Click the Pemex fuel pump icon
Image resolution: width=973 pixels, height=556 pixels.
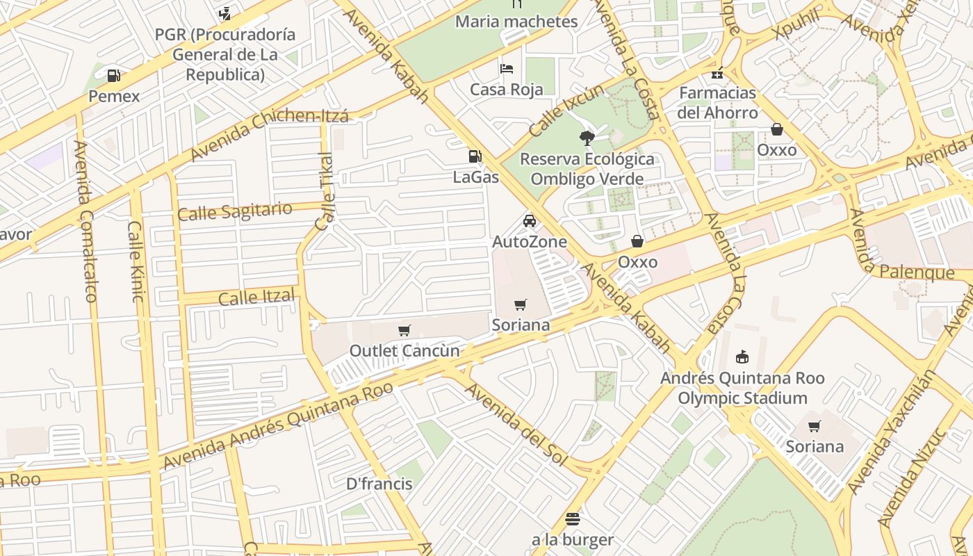click(x=113, y=75)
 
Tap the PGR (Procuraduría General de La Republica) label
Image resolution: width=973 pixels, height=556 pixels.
click(x=225, y=54)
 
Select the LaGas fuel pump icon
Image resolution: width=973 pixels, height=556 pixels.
click(x=475, y=157)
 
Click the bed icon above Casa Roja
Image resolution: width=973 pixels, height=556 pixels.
click(x=507, y=68)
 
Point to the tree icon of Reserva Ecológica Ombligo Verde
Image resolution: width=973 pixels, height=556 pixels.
click(x=587, y=138)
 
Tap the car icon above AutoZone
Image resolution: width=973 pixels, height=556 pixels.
click(x=530, y=221)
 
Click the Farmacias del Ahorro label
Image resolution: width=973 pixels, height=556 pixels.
click(x=717, y=102)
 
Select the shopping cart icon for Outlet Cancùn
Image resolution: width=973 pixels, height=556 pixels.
click(x=404, y=330)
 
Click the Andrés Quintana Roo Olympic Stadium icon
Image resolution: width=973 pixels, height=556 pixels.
click(x=742, y=357)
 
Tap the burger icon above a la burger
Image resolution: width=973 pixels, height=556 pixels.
click(x=573, y=518)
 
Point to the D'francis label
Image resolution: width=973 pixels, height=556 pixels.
click(x=379, y=484)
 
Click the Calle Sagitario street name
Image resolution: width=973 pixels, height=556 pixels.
click(x=234, y=211)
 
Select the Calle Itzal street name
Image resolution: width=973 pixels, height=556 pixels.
click(x=256, y=297)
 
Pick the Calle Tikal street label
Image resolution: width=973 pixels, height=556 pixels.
click(x=325, y=191)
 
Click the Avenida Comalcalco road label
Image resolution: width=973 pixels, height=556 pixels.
click(x=84, y=221)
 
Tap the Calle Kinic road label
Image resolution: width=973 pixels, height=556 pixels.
click(x=136, y=261)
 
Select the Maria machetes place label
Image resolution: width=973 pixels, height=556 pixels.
click(x=516, y=22)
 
